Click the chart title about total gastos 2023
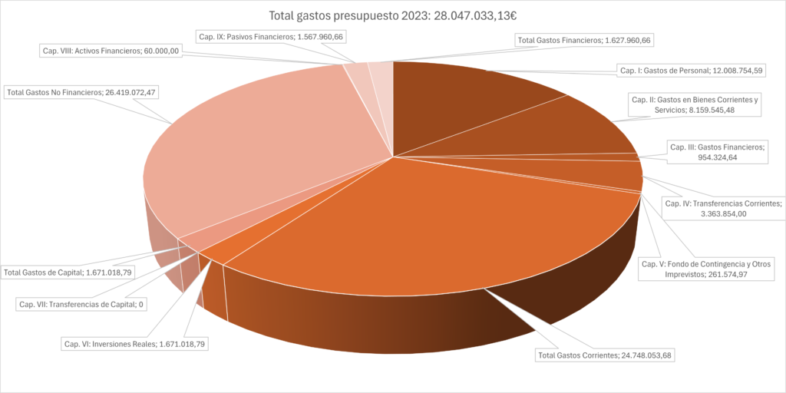393,15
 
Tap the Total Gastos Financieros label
584,40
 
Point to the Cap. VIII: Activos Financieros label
110,51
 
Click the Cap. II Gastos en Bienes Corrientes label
694,104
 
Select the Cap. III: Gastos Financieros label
717,152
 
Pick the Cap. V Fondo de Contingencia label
705,269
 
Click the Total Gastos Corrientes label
604,355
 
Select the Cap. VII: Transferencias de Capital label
81,304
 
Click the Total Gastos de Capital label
68,272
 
